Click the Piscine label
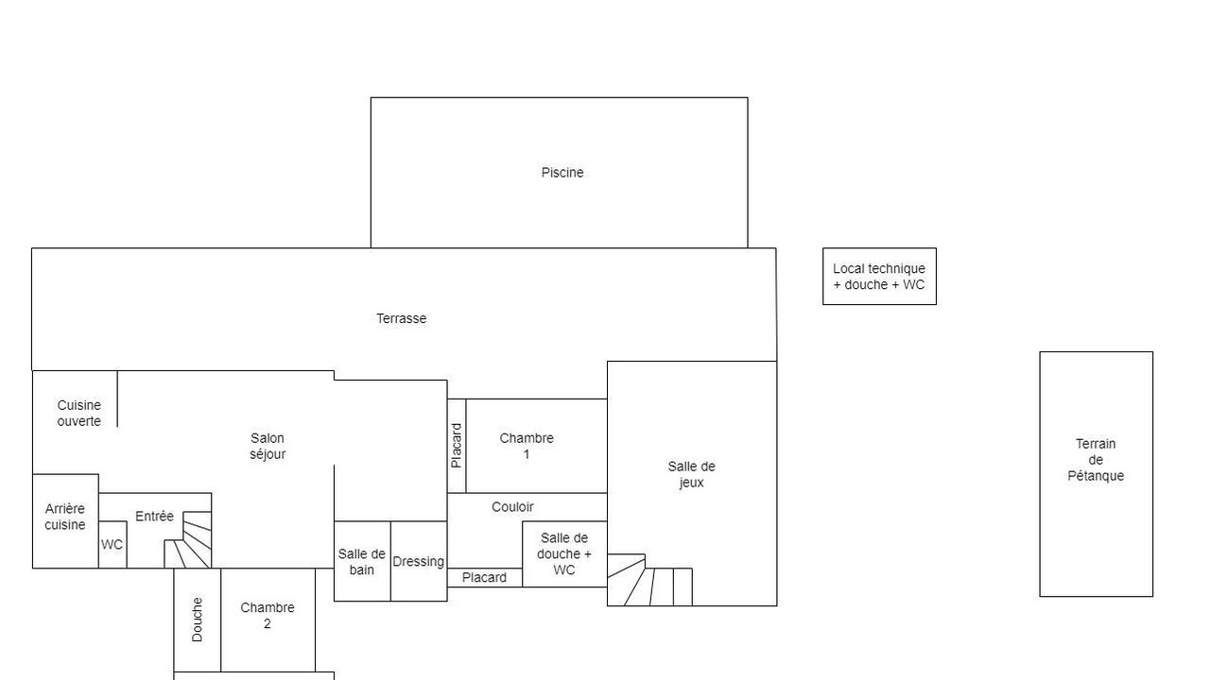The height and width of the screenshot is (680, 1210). pos(562,173)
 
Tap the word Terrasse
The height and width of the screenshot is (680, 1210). pos(402,318)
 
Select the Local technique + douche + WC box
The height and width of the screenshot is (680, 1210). pos(879,277)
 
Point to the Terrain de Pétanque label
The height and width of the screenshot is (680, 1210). pos(1096,460)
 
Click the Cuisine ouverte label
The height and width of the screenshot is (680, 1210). pos(78,413)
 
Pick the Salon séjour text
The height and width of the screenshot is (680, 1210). pos(268,447)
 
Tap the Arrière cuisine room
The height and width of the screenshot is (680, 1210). pos(65,521)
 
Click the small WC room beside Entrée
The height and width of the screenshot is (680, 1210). pos(112,545)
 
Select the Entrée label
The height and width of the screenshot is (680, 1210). pos(154,517)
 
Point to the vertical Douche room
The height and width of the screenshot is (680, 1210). pos(198,620)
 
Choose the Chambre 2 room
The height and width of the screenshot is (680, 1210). pos(268,620)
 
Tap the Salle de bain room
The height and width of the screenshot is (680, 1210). pos(362,561)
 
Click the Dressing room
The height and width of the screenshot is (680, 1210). pos(419,561)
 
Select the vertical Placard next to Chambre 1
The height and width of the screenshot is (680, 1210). pos(457,446)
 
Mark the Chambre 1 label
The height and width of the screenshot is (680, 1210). pos(527,447)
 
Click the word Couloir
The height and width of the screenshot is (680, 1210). pos(512,507)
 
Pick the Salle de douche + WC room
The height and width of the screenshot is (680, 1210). pos(564,554)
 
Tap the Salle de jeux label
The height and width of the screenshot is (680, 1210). pos(691,474)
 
